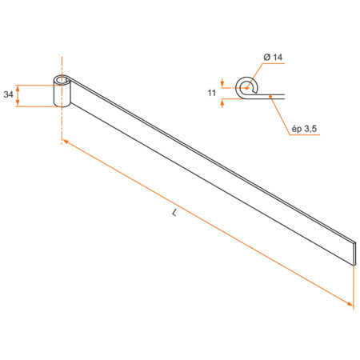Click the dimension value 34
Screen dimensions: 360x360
coord(8,94)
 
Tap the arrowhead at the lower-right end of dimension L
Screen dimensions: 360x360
coord(350,303)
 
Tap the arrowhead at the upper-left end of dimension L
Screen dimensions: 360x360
coord(66,142)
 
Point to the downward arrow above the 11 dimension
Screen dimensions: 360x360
coord(222,80)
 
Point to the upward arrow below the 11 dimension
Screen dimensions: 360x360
coord(222,104)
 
